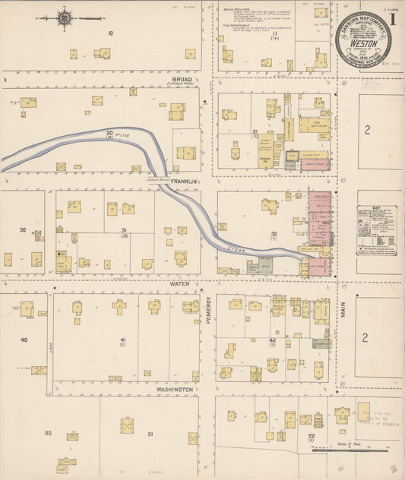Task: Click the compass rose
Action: (x=65, y=17)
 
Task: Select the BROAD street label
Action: (x=182, y=79)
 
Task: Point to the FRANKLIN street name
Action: (x=184, y=182)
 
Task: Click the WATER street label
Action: (x=180, y=287)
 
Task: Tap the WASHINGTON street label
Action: (x=176, y=388)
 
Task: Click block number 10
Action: (x=110, y=33)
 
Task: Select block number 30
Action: (x=23, y=229)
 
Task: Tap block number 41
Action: (x=122, y=339)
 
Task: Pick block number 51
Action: (x=150, y=434)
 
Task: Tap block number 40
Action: (x=24, y=339)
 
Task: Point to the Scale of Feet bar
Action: (x=357, y=447)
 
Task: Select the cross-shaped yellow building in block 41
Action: (x=119, y=307)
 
